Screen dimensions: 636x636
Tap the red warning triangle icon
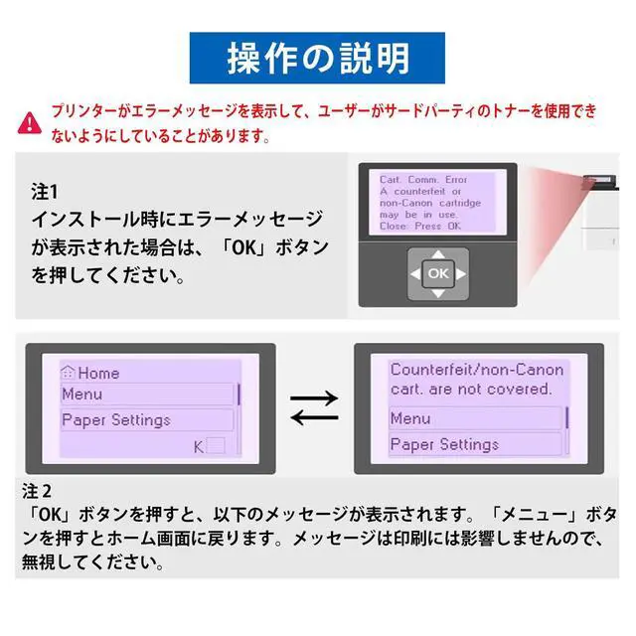[x=32, y=121]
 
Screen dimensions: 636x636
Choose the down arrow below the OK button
[x=437, y=293]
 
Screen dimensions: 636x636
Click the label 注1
[x=46, y=190]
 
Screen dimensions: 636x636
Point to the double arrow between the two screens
[x=314, y=406]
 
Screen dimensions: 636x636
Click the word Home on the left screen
[x=98, y=374]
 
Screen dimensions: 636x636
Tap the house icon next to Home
[x=68, y=373]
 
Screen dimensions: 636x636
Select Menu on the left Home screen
[x=82, y=394]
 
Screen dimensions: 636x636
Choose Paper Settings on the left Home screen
[x=116, y=419]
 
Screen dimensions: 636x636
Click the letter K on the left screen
[x=199, y=446]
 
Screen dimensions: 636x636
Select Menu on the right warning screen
[x=410, y=418]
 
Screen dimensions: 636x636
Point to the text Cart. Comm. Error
[x=423, y=180]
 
